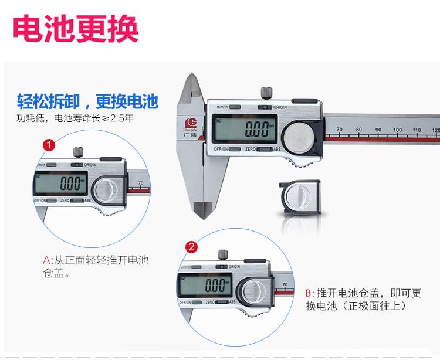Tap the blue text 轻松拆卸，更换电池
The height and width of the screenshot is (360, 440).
click(87, 101)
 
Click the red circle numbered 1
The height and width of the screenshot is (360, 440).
click(50, 143)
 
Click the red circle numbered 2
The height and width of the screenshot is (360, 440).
click(190, 247)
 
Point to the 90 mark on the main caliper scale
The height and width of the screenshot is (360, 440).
click(378, 130)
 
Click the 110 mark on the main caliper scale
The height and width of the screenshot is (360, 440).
click(417, 130)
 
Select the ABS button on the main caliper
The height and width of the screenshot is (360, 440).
click(276, 150)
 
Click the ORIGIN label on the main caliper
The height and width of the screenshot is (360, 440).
click(280, 107)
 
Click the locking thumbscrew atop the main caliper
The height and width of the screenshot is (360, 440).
click(266, 92)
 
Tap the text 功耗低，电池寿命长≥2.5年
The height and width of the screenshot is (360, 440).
click(75, 118)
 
